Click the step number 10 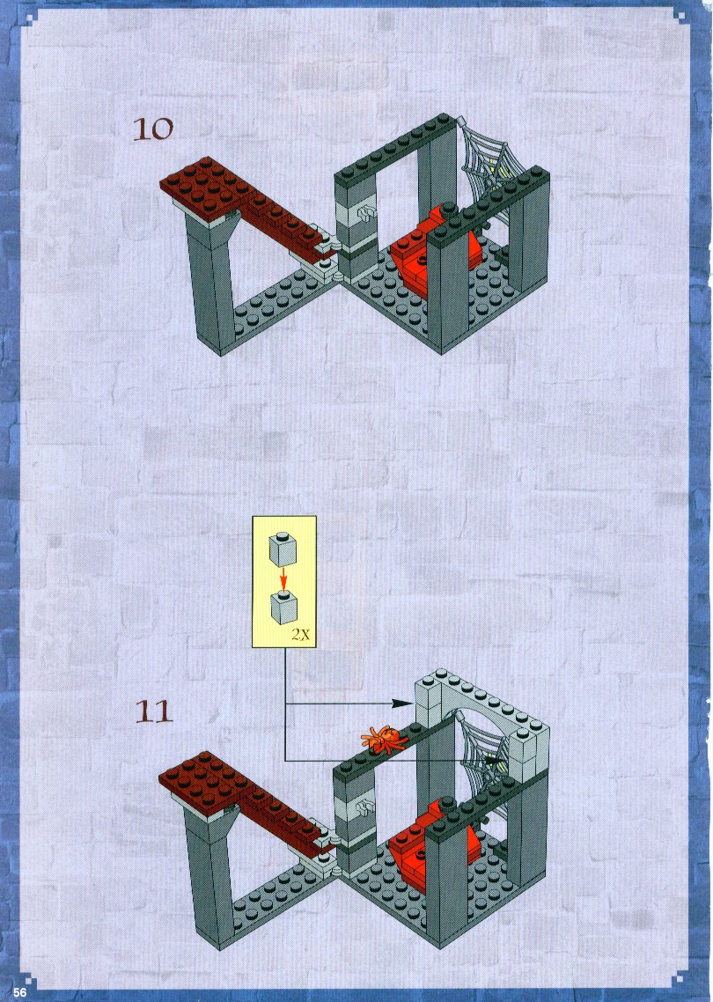152,129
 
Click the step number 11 154,711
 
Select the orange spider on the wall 385,737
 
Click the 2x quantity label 301,635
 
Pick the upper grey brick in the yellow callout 283,549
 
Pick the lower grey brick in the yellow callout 283,608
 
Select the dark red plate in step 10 237,198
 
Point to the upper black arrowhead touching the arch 402,703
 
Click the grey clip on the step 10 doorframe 366,212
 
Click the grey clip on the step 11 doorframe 366,807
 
